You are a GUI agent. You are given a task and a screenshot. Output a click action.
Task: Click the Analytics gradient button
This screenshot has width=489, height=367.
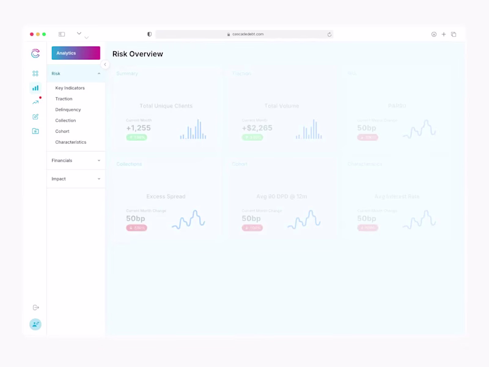[76, 53]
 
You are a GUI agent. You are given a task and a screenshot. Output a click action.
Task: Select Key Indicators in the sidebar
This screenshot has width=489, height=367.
[70, 88]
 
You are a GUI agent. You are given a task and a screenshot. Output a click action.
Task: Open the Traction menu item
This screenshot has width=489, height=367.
[64, 98]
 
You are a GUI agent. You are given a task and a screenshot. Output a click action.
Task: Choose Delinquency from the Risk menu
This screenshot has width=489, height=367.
[68, 109]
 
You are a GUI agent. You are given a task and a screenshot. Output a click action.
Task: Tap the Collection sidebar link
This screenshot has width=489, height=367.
[65, 120]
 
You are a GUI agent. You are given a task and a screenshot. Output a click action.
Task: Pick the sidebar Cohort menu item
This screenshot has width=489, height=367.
[62, 132]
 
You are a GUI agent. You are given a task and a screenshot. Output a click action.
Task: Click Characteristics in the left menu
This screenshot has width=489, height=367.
[70, 142]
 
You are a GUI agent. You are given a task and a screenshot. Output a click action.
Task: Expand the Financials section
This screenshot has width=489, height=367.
[76, 160]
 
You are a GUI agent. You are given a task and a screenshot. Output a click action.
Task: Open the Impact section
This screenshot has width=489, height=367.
[76, 179]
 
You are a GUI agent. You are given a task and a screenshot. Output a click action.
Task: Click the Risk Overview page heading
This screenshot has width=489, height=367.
[138, 54]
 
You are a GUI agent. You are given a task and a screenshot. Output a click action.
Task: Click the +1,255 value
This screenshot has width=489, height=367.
[138, 128]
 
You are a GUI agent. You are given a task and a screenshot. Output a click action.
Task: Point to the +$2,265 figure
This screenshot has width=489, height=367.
[257, 128]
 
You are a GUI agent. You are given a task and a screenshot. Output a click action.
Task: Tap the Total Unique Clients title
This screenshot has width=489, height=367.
[166, 106]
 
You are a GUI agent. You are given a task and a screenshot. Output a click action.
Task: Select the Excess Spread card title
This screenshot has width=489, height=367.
[166, 196]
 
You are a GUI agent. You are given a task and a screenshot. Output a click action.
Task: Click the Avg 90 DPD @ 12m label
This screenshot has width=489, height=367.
[281, 196]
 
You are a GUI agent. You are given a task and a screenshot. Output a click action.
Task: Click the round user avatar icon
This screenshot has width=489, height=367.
[35, 324]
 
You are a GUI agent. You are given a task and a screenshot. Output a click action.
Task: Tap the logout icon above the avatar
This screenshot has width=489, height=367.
[35, 308]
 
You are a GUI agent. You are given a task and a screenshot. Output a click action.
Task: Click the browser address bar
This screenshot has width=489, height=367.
[244, 34]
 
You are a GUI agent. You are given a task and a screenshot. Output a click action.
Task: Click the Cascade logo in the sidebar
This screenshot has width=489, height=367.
[35, 53]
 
